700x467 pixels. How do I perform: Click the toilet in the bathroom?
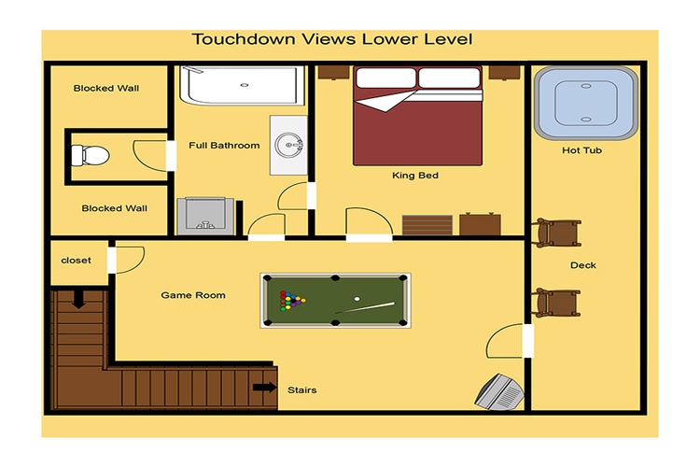click(91, 156)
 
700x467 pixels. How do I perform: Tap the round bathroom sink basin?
click(288, 145)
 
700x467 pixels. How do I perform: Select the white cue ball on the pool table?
click(357, 299)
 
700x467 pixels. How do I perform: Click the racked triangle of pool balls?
click(291, 301)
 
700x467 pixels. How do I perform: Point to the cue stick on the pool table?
click(365, 307)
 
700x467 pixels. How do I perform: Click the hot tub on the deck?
click(586, 104)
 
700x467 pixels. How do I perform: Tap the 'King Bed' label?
click(415, 176)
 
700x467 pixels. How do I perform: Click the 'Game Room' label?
click(193, 295)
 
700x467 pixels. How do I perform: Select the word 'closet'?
click(76, 260)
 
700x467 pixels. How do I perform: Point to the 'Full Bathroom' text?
click(224, 146)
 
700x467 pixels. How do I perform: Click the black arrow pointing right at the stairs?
click(265, 387)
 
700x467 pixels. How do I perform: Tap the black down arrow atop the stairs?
click(79, 299)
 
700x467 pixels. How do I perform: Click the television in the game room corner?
click(499, 392)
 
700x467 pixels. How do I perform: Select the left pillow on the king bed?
click(385, 78)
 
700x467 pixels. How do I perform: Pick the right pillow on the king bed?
click(450, 78)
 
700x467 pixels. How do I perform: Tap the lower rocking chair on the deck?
click(556, 303)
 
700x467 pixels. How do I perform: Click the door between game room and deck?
click(528, 341)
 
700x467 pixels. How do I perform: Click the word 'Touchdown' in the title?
click(244, 39)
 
